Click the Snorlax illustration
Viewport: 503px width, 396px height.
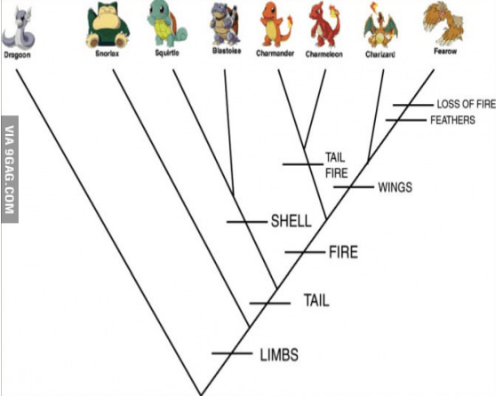tap(108, 27)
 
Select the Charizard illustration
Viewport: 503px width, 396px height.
tap(380, 26)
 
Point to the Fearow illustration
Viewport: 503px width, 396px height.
tap(444, 23)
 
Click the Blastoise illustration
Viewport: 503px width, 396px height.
tap(226, 24)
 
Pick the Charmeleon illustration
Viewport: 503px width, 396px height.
tap(324, 25)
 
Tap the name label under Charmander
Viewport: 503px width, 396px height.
tap(275, 53)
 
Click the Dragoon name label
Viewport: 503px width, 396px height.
tap(17, 55)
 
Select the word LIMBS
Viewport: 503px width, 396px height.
tap(279, 355)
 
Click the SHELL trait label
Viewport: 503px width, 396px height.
tap(291, 221)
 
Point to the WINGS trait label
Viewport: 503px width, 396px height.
tap(395, 187)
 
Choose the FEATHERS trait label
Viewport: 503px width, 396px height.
tap(452, 120)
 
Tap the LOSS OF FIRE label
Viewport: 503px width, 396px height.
tap(467, 104)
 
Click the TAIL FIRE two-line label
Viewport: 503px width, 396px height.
tap(337, 165)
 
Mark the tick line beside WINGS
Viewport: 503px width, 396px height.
tap(354, 186)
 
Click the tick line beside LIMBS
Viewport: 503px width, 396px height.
tap(232, 353)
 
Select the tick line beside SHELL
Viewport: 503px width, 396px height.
tap(247, 222)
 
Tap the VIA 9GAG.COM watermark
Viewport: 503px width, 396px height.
tap(10, 170)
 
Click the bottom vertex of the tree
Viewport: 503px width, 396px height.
tap(201, 395)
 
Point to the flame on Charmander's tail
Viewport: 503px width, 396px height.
tap(291, 21)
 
